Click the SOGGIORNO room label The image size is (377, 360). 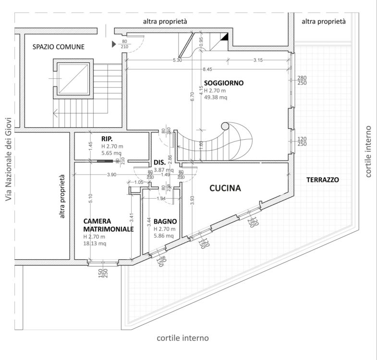(x=224, y=83)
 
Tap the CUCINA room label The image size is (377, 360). (x=225, y=188)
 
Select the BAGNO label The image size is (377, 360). (x=165, y=221)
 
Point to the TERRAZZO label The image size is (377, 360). (x=323, y=180)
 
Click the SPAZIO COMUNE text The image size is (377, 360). (x=59, y=47)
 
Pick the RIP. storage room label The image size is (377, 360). (x=107, y=139)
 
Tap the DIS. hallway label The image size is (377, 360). (x=159, y=163)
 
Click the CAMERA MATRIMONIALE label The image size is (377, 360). (x=109, y=225)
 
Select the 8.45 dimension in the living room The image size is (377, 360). (x=207, y=69)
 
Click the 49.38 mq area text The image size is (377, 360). (x=216, y=97)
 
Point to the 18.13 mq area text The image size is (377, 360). (x=95, y=243)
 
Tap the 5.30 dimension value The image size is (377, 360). (x=177, y=60)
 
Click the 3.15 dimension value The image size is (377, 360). (x=258, y=60)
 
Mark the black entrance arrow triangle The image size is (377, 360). (x=114, y=44)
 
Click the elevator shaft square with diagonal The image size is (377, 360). (x=73, y=79)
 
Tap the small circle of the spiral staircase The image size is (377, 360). (x=225, y=126)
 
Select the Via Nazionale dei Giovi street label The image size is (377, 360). (x=9, y=159)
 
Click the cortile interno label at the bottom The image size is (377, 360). (x=182, y=338)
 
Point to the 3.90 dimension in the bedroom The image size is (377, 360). (x=112, y=175)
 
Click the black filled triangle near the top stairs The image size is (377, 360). (x=225, y=37)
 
